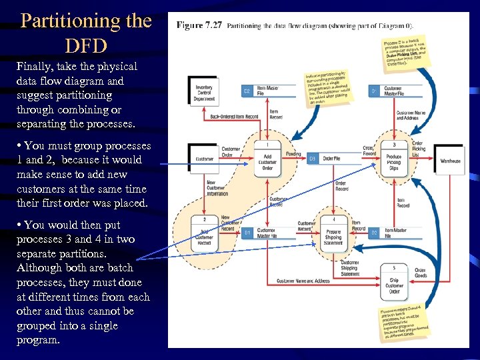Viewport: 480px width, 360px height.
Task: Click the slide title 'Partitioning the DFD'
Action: pyautogui.click(x=86, y=32)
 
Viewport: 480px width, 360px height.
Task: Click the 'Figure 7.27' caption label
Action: pyautogui.click(x=199, y=25)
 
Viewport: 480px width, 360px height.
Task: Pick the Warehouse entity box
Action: pyautogui.click(x=450, y=161)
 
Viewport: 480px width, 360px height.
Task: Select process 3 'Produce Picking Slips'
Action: pyautogui.click(x=394, y=160)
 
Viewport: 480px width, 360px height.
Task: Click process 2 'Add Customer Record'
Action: pyautogui.click(x=204, y=234)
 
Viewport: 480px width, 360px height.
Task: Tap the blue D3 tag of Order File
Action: pyautogui.click(x=312, y=159)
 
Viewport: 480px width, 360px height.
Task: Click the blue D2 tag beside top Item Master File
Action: pyautogui.click(x=246, y=91)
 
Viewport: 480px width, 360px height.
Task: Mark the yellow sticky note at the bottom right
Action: pyautogui.click(x=406, y=323)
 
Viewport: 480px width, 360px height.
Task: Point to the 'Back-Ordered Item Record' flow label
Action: pyautogui.click(x=234, y=117)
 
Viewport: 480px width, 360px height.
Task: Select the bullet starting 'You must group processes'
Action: pyautogui.click(x=84, y=174)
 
